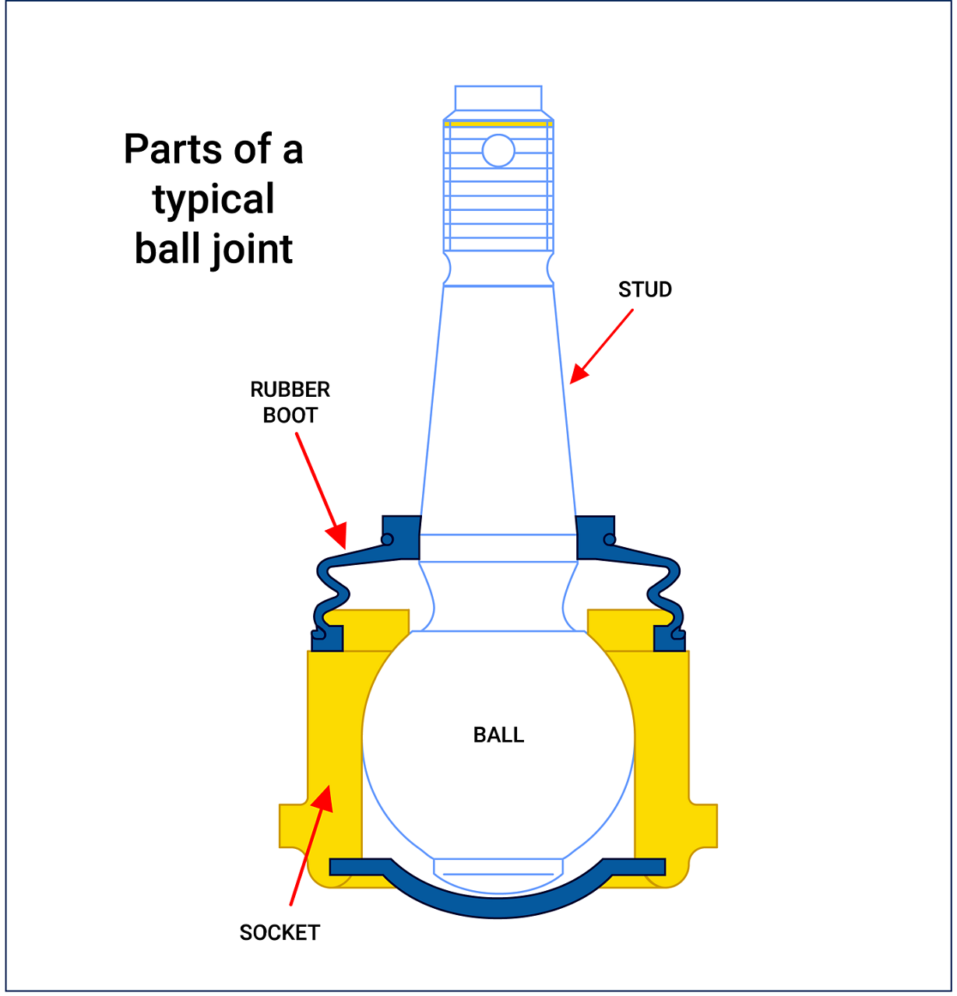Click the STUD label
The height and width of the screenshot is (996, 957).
[645, 289]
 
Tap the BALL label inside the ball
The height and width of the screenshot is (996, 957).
[498, 735]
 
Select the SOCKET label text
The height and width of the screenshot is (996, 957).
[280, 932]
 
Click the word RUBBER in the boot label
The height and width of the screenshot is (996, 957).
[290, 389]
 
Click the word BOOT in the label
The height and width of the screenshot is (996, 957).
[290, 416]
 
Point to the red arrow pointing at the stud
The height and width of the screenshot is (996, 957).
[600, 347]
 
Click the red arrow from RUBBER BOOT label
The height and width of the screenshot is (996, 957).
[319, 489]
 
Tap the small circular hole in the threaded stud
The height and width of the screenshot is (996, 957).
[498, 151]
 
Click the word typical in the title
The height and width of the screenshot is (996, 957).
[213, 200]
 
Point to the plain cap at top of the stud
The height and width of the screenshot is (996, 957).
[498, 98]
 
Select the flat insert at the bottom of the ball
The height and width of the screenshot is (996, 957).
[498, 868]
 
